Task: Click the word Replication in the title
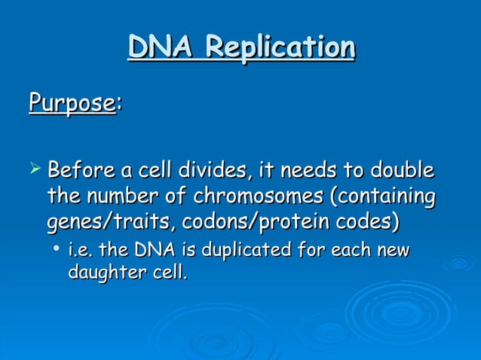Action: point(280,48)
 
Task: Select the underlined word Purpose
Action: point(72,103)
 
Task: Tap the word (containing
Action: point(383,197)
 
